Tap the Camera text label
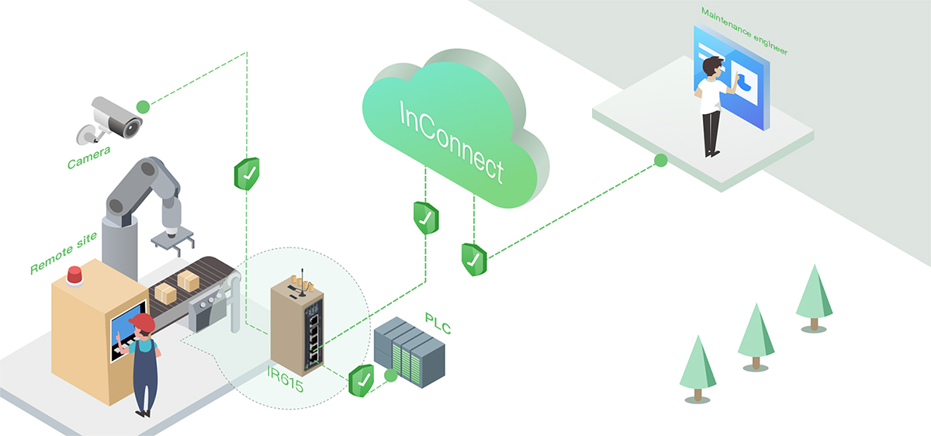point(88,157)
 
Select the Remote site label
point(64,253)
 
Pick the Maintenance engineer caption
point(743,31)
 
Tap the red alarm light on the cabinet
point(74,275)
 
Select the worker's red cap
point(141,322)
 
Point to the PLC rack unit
point(410,353)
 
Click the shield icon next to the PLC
point(362,380)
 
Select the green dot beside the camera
point(143,106)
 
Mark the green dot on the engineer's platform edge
point(660,161)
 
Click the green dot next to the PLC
point(390,376)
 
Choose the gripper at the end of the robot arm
point(170,241)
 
